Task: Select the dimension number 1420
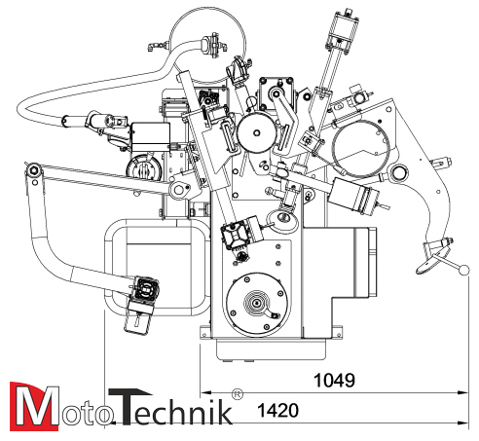pos(276,413)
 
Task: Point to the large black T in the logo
pos(128,407)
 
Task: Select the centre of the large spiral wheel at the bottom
pos(256,304)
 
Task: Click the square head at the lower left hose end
pos(143,290)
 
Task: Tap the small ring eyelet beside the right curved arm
pos(397,174)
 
